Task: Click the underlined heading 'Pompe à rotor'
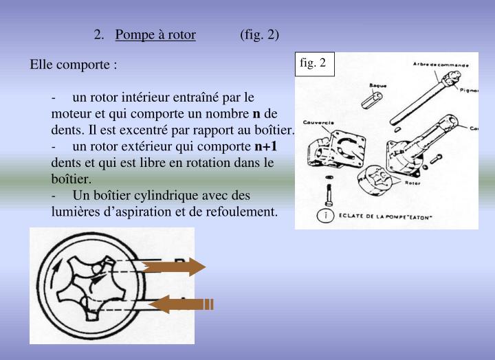[x=155, y=34]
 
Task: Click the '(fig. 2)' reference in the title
[x=260, y=34]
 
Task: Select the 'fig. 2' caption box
[x=313, y=64]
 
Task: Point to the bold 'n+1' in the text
[x=265, y=146]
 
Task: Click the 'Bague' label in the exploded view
[x=378, y=85]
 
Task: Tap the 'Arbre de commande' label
[x=441, y=65]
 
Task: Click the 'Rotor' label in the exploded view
[x=412, y=183]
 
